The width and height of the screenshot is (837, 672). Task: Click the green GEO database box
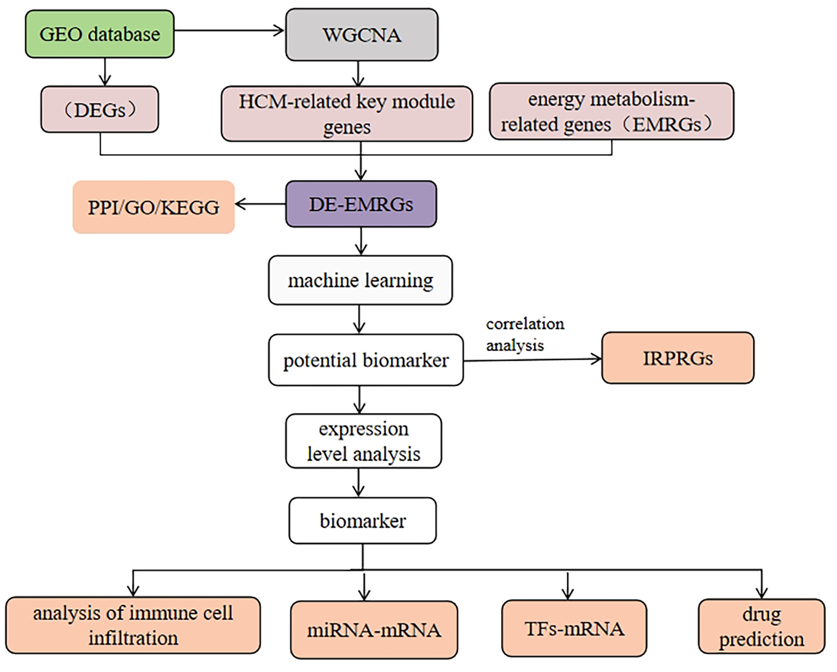(x=100, y=34)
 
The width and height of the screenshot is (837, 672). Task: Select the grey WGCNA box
(x=361, y=35)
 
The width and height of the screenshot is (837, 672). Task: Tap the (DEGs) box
(x=100, y=110)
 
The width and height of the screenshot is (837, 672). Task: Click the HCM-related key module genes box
(x=346, y=114)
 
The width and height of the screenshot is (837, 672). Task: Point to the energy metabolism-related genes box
(x=611, y=112)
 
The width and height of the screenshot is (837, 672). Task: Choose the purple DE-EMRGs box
(x=361, y=204)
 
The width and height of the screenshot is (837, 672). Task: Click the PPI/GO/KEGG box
(x=153, y=207)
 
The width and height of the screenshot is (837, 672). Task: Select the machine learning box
(x=360, y=280)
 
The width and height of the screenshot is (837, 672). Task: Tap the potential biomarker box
(x=365, y=360)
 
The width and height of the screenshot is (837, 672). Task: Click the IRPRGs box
(x=678, y=358)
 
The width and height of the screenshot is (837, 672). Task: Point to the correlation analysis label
(x=524, y=334)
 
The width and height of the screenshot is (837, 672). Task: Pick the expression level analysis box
(x=363, y=441)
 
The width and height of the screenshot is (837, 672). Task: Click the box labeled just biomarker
(x=362, y=520)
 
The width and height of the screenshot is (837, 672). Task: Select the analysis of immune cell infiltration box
(x=133, y=625)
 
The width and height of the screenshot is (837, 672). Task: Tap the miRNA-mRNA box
(x=374, y=630)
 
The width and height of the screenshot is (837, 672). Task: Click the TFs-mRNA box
(x=574, y=628)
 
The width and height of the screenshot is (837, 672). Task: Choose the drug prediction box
(x=761, y=626)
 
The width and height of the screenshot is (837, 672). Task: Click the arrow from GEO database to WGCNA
(x=229, y=31)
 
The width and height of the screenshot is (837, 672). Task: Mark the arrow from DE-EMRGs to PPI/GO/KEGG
(x=260, y=204)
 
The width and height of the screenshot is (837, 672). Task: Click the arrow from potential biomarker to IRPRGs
(x=532, y=360)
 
